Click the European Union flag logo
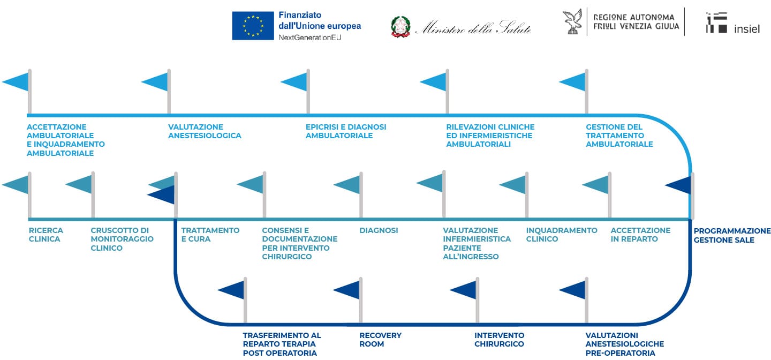[253, 26]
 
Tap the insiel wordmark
[746, 29]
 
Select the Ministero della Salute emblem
[400, 27]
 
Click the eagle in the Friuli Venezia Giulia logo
[572, 22]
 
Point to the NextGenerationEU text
[310, 37]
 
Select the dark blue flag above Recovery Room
[348, 300]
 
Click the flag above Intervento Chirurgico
[465, 300]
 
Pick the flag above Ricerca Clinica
[17, 194]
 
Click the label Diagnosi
[379, 230]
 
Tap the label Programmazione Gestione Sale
[732, 235]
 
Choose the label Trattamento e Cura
[210, 235]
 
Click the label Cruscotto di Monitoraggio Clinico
[122, 239]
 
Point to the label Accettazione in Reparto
[640, 235]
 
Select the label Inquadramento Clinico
[562, 235]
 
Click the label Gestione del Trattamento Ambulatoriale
[619, 136]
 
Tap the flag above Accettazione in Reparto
[597, 194]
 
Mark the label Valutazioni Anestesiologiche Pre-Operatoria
[625, 344]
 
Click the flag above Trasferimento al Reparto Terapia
[232, 300]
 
